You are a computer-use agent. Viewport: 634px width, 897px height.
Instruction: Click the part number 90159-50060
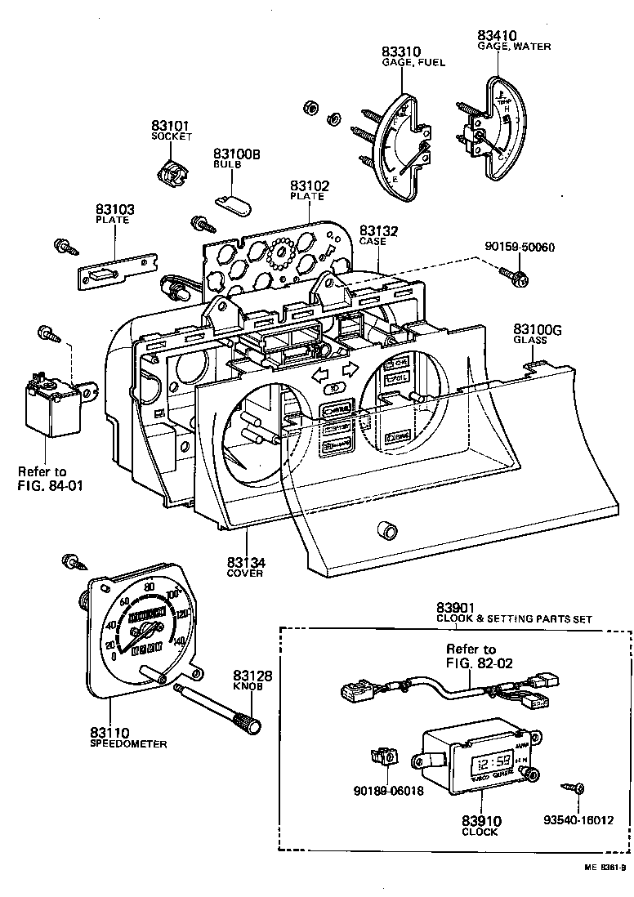[520, 246]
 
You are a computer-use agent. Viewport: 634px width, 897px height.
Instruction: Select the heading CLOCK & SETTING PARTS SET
[514, 619]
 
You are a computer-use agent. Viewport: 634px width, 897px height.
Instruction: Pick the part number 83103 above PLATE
[114, 210]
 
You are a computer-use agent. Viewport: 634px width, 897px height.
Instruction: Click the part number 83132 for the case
[378, 232]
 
